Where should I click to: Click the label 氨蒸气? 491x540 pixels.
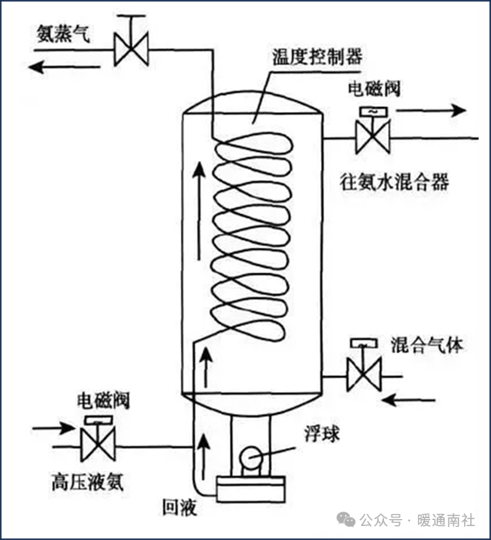click(63, 34)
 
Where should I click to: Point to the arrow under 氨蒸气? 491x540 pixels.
click(64, 66)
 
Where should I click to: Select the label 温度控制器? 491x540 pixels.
click(317, 57)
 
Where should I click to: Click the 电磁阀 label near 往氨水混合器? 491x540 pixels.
click(374, 90)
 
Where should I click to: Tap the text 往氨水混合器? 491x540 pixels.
click(394, 182)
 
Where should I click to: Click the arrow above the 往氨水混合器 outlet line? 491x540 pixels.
click(431, 110)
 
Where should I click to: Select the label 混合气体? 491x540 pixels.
click(427, 344)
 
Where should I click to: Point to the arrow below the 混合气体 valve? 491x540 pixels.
click(409, 400)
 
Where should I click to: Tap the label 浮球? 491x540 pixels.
click(322, 434)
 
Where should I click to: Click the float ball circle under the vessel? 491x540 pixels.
click(252, 457)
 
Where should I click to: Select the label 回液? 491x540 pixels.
click(179, 507)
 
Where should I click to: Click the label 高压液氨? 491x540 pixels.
click(87, 482)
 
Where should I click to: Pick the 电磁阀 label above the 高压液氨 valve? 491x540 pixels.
click(104, 401)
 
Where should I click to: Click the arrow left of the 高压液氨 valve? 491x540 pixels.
click(53, 429)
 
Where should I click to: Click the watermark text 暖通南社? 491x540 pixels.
click(446, 520)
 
